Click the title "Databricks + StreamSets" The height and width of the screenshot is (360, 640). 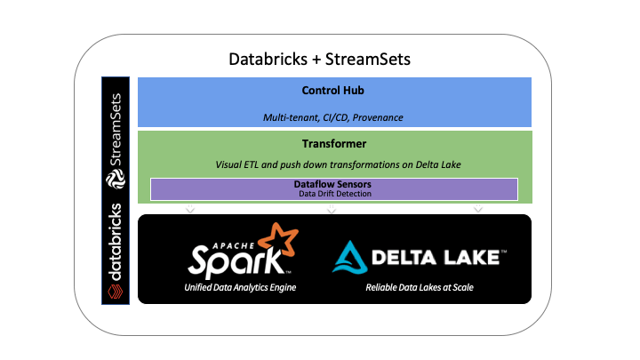321,60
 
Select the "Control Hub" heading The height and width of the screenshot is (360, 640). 333,91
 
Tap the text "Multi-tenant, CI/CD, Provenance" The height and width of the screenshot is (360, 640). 333,116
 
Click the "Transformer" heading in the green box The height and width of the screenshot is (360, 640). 333,143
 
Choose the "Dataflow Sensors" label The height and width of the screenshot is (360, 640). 334,184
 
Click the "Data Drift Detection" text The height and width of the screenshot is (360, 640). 334,194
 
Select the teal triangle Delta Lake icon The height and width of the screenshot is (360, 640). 348,257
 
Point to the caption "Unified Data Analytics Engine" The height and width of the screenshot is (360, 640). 240,287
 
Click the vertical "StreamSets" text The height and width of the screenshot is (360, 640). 116,129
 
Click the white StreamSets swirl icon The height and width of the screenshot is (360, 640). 116,180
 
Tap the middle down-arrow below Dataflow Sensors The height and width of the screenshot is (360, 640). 332,210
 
